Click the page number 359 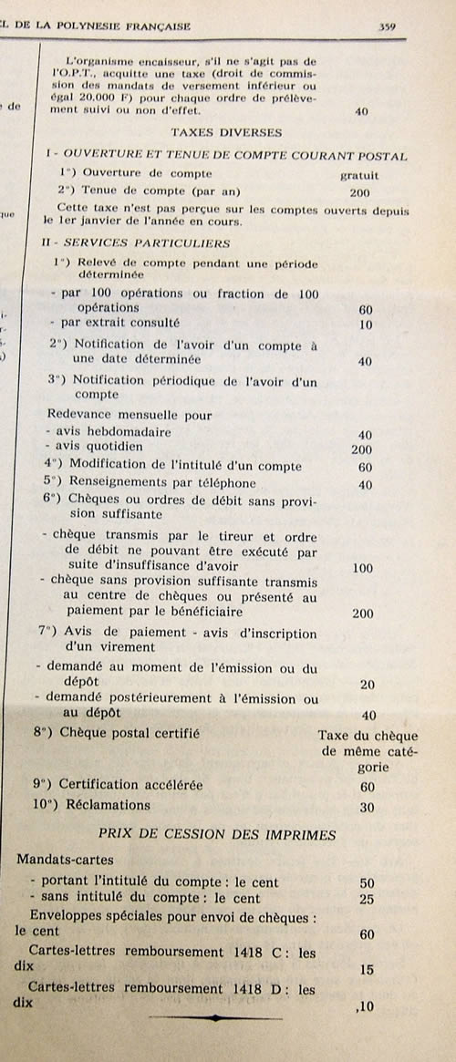point(386,26)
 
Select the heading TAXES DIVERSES point(226,132)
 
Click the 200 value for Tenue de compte point(360,192)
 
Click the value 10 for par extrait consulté point(366,325)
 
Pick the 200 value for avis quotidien point(363,449)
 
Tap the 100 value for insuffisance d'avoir point(361,568)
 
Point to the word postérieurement point(181,699)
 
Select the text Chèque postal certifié point(128,733)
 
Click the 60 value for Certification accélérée point(368,787)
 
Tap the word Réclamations point(104,805)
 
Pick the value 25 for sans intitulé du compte point(368,900)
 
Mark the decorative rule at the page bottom point(215,1016)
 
